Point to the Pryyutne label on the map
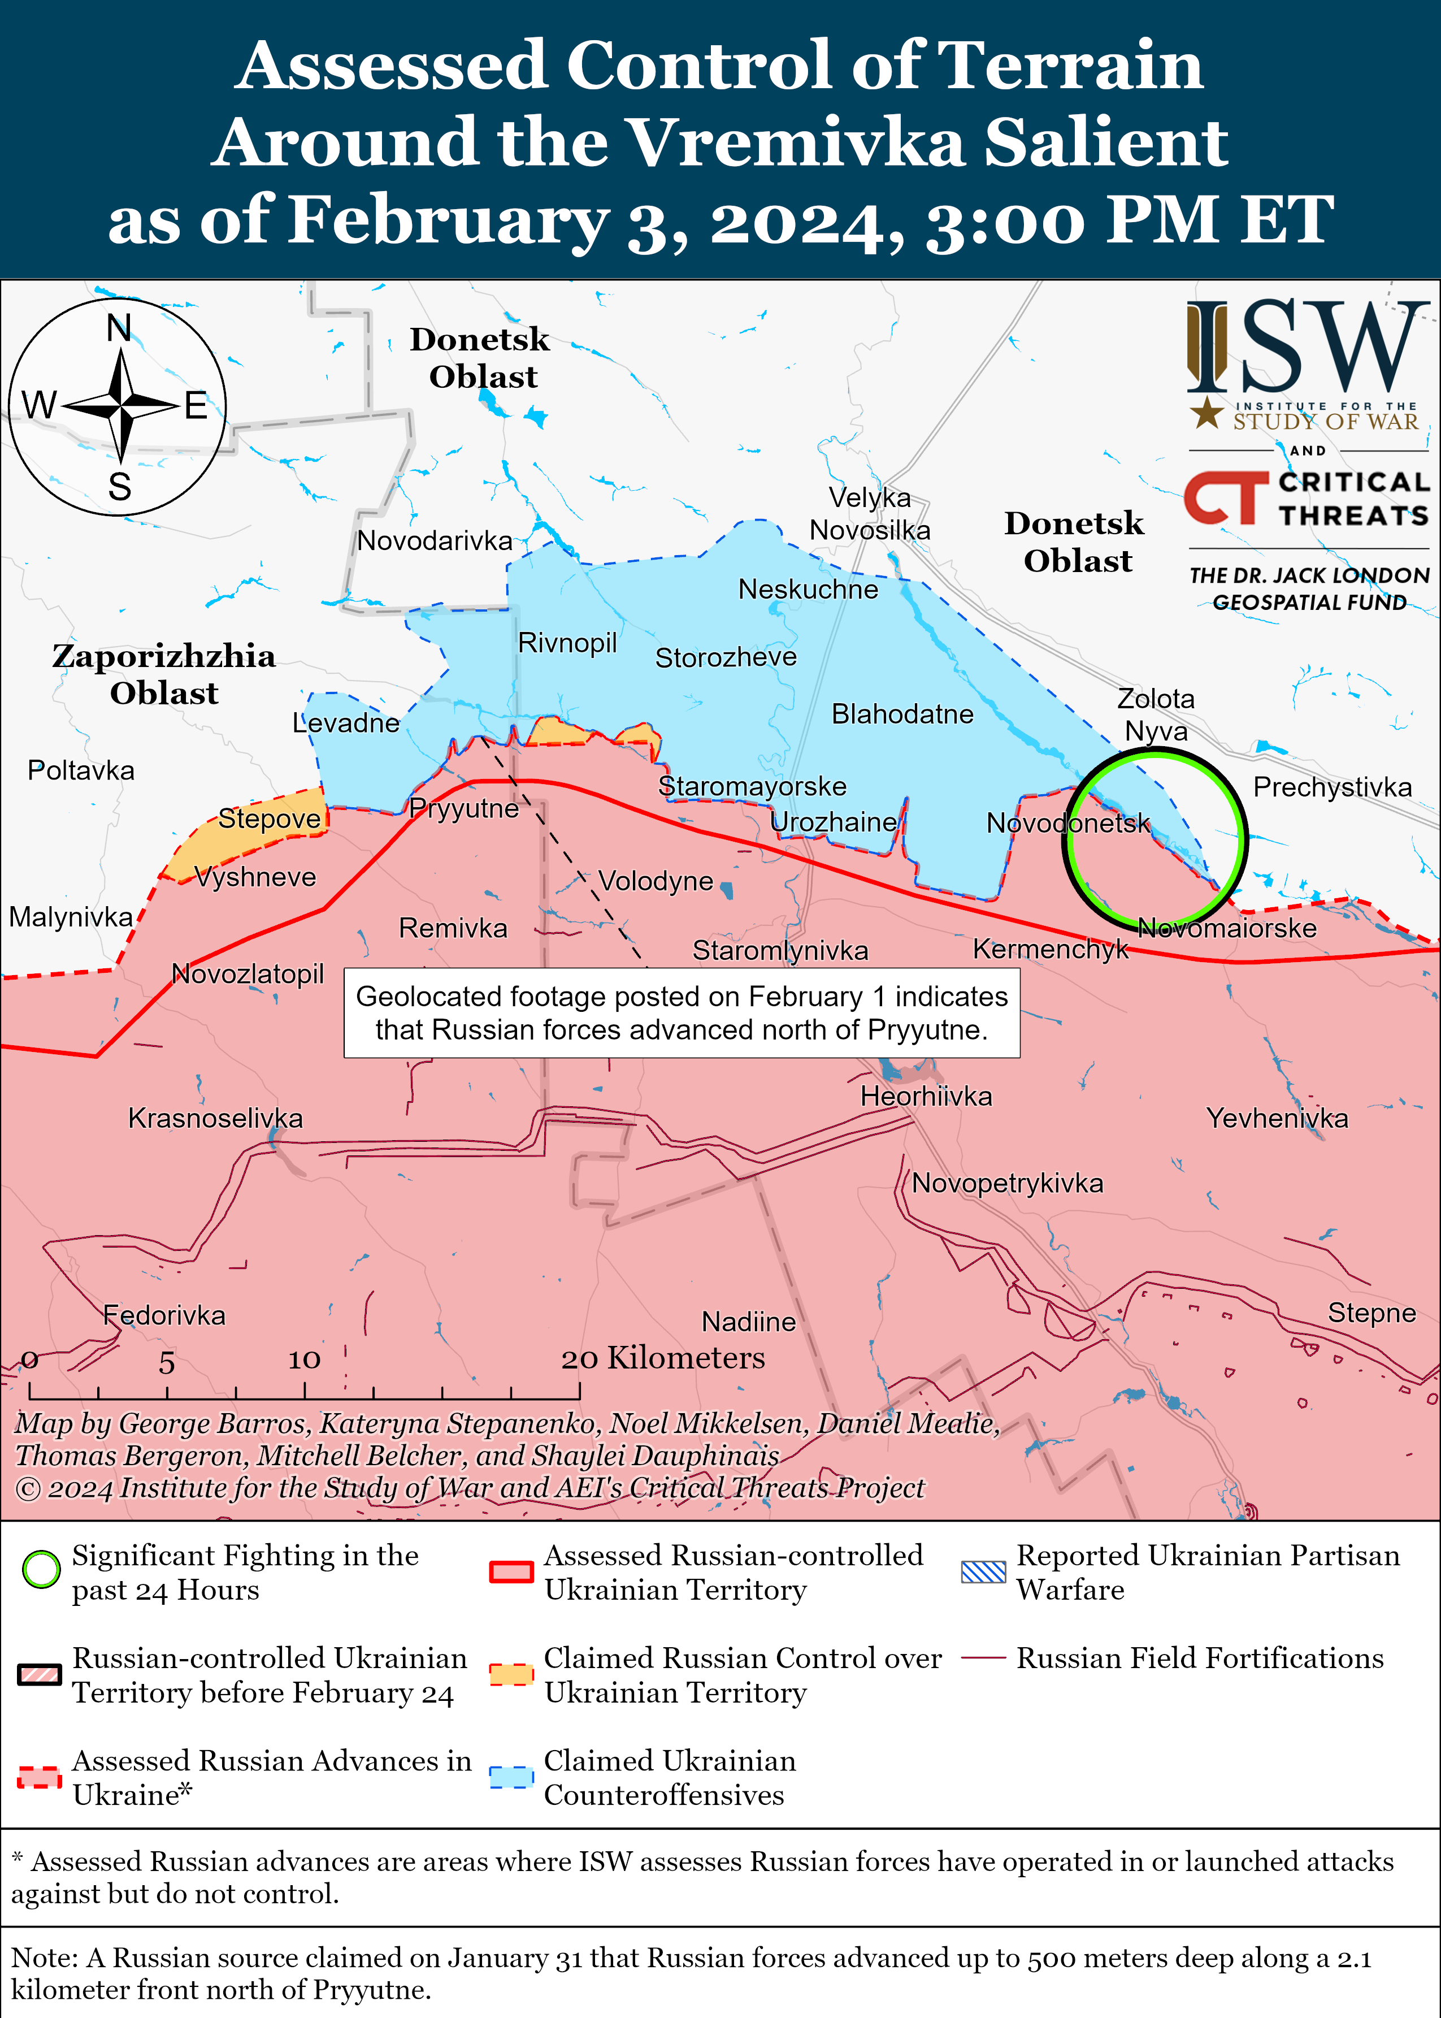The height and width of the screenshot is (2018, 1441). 464,808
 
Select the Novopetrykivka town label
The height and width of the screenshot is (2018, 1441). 1007,1183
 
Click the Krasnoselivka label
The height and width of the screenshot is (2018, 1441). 216,1118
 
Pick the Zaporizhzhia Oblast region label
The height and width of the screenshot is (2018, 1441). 164,674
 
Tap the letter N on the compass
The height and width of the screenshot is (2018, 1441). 119,328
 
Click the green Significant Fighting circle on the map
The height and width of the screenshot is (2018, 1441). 1154,838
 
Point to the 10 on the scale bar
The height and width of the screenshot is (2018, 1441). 303,1359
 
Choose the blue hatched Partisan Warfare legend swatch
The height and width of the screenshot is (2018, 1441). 983,1571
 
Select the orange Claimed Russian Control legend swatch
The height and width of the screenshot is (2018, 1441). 511,1674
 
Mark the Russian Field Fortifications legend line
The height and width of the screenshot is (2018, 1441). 983,1658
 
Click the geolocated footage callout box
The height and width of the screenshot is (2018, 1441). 682,1012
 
